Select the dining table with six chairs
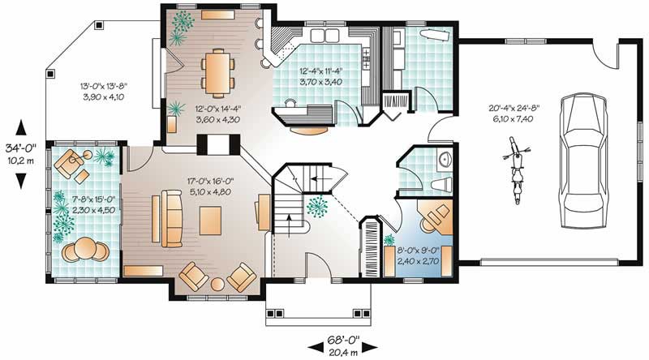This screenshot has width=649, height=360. tap(217, 71)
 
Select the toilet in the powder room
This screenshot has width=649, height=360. tap(441, 184)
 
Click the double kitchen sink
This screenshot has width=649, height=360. tap(325, 36)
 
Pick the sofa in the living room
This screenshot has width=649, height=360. tap(171, 218)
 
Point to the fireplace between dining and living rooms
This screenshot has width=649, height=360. tap(218, 144)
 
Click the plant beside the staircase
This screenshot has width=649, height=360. tap(317, 206)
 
